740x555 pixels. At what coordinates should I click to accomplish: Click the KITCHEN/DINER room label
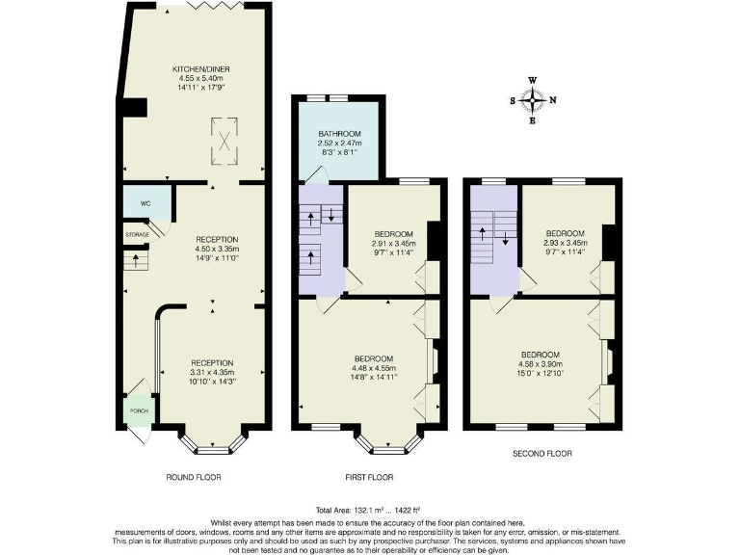(200, 69)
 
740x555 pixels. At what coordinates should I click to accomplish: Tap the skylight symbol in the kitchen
(225, 136)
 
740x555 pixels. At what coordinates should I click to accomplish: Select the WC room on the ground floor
(146, 203)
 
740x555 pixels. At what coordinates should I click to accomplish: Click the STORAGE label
(137, 234)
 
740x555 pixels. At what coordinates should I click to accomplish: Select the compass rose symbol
(532, 99)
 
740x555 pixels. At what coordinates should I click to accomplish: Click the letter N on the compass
(553, 99)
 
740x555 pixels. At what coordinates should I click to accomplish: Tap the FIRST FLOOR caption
(368, 477)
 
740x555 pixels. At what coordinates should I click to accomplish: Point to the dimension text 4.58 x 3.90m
(541, 363)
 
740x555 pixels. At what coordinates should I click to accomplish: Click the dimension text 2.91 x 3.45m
(393, 244)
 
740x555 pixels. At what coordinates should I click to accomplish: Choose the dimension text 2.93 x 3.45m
(565, 243)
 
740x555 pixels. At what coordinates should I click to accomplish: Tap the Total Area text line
(367, 509)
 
